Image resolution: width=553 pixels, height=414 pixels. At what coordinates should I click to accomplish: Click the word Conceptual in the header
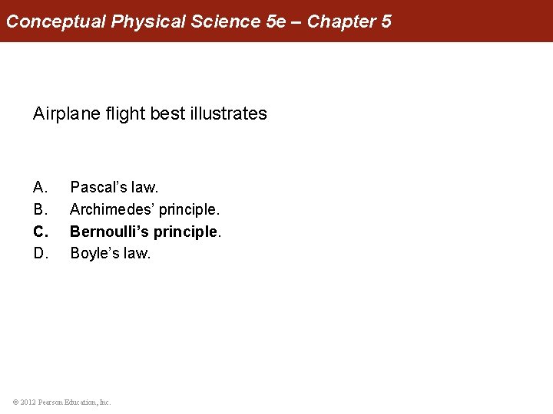click(56, 21)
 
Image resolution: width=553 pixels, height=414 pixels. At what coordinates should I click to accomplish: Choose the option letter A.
click(41, 186)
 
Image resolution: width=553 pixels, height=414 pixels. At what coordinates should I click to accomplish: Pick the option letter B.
click(41, 209)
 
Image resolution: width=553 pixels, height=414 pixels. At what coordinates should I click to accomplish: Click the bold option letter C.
click(41, 231)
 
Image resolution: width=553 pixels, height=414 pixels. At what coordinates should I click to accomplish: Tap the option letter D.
click(41, 253)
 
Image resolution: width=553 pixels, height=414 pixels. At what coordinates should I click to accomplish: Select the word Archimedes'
click(111, 209)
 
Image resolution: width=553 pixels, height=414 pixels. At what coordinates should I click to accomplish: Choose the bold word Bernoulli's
click(109, 231)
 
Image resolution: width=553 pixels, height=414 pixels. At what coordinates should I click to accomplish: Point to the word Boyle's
click(94, 253)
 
